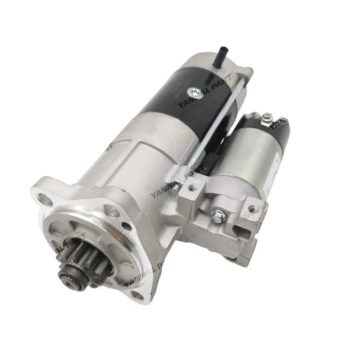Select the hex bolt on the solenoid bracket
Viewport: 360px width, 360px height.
pos(219,216)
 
